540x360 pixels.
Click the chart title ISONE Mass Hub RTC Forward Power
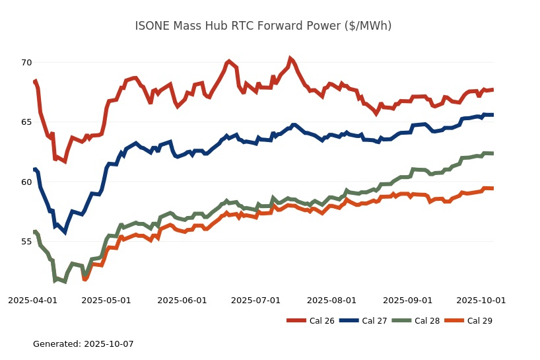click(x=263, y=26)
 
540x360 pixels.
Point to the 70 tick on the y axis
click(x=26, y=63)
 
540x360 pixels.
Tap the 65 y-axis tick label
click(x=26, y=122)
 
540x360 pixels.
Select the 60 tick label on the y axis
click(x=26, y=182)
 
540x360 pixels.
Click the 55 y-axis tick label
click(x=26, y=242)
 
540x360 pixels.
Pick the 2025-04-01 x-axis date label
click(x=32, y=300)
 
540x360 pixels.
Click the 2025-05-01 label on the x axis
click(x=106, y=300)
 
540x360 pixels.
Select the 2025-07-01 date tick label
click(x=256, y=300)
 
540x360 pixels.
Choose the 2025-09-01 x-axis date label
click(x=407, y=300)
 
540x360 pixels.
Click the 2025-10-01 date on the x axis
click(x=481, y=300)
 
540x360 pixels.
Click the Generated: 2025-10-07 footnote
click(x=83, y=344)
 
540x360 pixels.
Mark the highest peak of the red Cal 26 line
click(x=290, y=58)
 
